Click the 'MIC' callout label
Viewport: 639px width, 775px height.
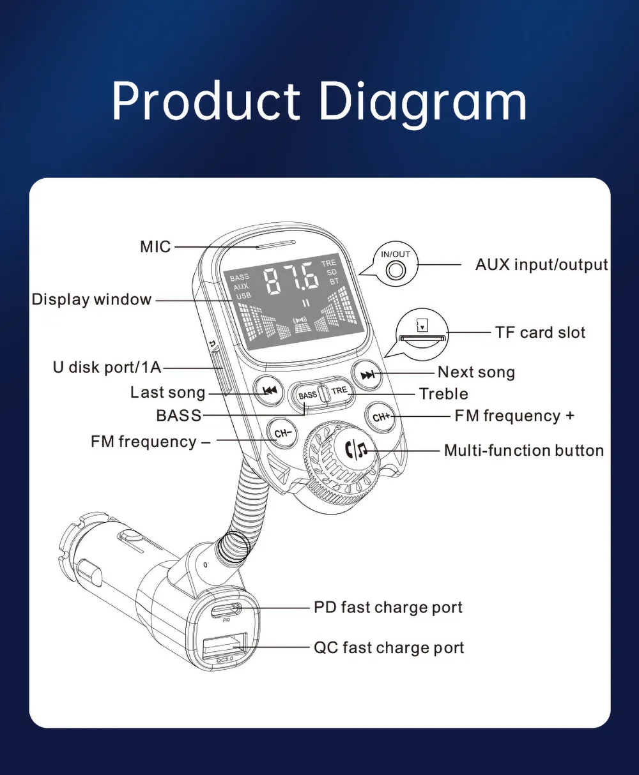155,246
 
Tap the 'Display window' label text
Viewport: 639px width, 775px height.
91,299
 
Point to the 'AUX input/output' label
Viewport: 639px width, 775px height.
541,264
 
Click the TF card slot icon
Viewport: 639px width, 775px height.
422,335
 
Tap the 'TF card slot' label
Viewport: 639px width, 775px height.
540,332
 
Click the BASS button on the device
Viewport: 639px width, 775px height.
308,395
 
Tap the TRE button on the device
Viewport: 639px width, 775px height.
339,391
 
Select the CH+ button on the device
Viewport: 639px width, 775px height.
381,417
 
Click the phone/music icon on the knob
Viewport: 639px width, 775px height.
356,451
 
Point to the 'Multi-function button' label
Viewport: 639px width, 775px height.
523,450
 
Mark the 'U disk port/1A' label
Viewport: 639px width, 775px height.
107,367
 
